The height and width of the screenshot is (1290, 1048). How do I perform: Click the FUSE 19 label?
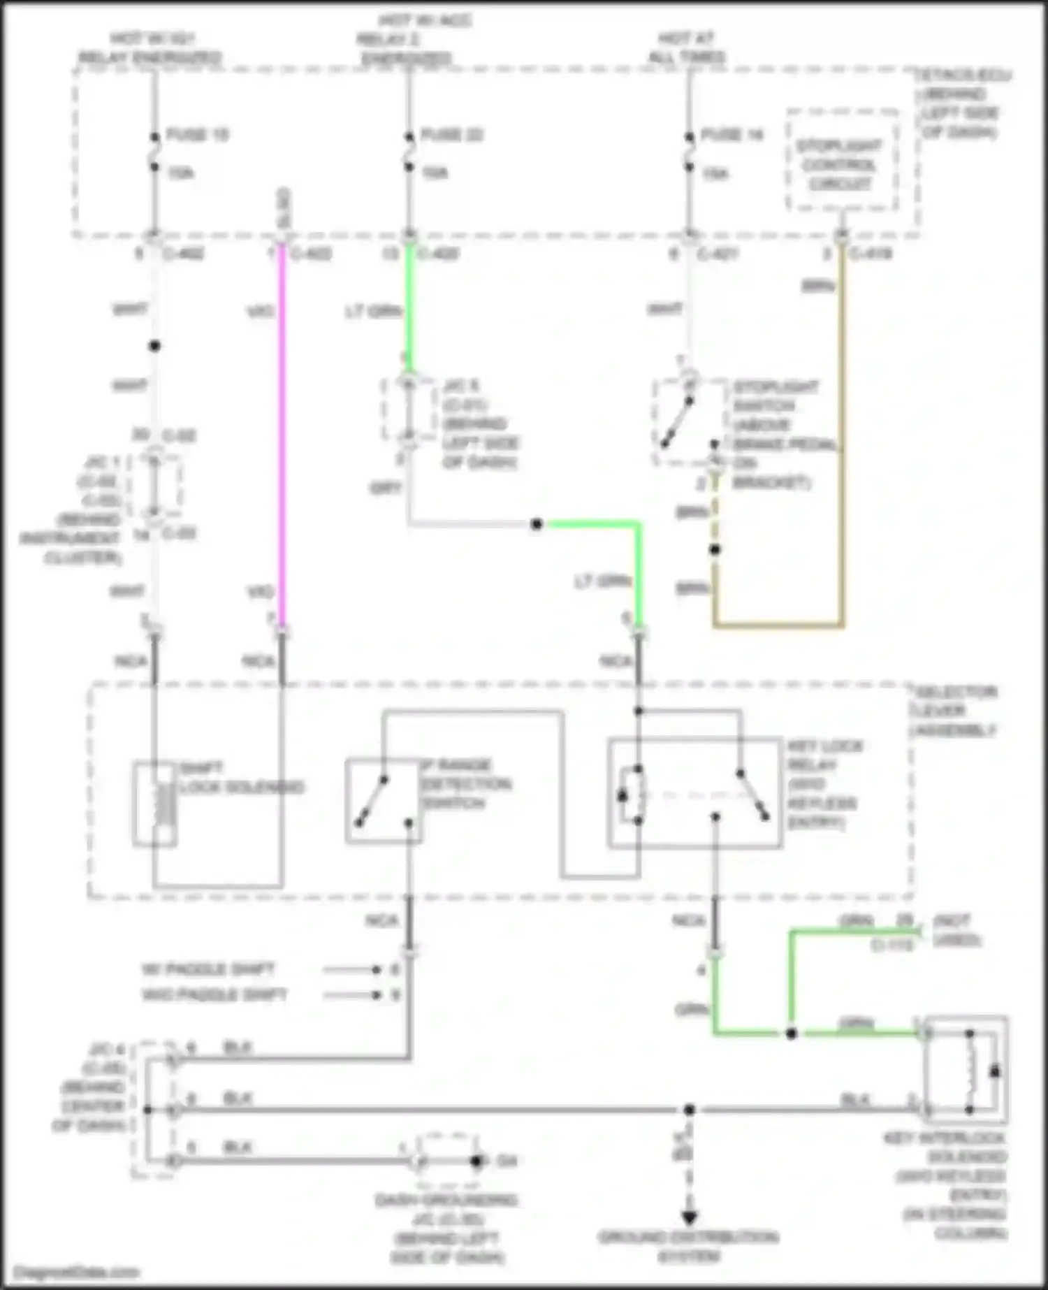pos(197,135)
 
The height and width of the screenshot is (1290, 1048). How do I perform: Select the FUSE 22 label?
pos(452,135)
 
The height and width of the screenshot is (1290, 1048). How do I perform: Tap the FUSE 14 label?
pos(732,135)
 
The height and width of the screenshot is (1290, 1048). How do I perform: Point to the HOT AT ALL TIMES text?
pos(686,47)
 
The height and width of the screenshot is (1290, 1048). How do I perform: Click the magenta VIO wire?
pos(282,433)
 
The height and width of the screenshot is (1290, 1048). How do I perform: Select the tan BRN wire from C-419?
pos(841,433)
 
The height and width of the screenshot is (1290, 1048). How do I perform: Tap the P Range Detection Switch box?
pos(383,801)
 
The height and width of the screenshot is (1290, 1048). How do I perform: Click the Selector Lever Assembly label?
pos(954,711)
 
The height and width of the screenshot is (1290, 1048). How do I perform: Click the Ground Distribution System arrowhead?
pos(689,1217)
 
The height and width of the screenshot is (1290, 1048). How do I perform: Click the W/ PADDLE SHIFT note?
pos(208,970)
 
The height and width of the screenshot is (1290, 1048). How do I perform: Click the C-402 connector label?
pos(183,254)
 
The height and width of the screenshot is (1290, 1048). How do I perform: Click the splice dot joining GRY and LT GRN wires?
pos(536,524)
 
